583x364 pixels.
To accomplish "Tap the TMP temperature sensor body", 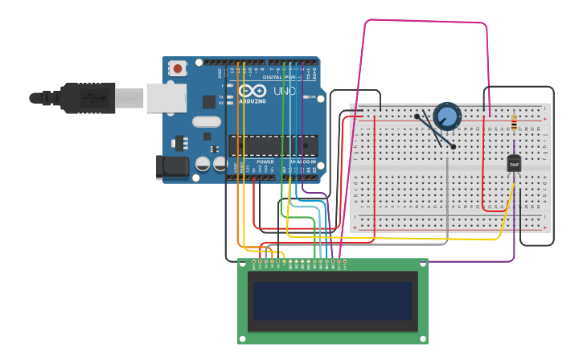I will (514, 163).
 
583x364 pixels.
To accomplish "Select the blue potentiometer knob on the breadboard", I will (447, 116).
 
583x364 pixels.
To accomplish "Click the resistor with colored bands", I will (514, 123).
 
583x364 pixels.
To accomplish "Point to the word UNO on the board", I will (285, 91).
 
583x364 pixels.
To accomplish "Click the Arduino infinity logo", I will (252, 91).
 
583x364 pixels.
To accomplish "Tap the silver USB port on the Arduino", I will (166, 98).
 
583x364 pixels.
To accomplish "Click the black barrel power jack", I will (172, 166).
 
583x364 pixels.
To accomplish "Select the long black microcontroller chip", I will (273, 145).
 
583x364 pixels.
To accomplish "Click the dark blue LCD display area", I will (333, 301).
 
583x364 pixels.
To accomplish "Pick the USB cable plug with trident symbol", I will (88, 98).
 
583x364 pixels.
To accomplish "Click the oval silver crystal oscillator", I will (206, 122).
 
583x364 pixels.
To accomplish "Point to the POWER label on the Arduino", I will (265, 162).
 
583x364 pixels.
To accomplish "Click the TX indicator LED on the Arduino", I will (230, 96).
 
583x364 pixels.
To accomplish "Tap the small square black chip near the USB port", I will (209, 102).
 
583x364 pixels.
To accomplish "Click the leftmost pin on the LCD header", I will (254, 262).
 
